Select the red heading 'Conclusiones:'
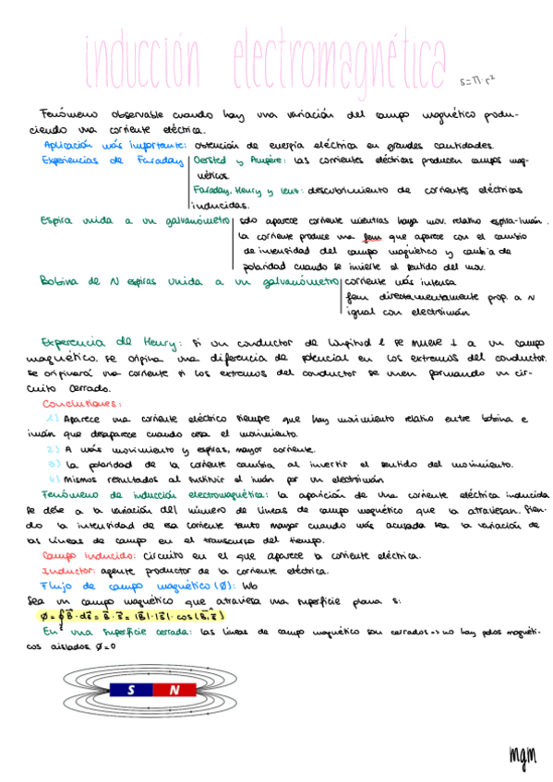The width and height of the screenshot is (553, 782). point(78,403)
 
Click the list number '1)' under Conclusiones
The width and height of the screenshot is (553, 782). point(53,419)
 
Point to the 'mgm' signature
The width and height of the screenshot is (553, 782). point(522,752)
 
